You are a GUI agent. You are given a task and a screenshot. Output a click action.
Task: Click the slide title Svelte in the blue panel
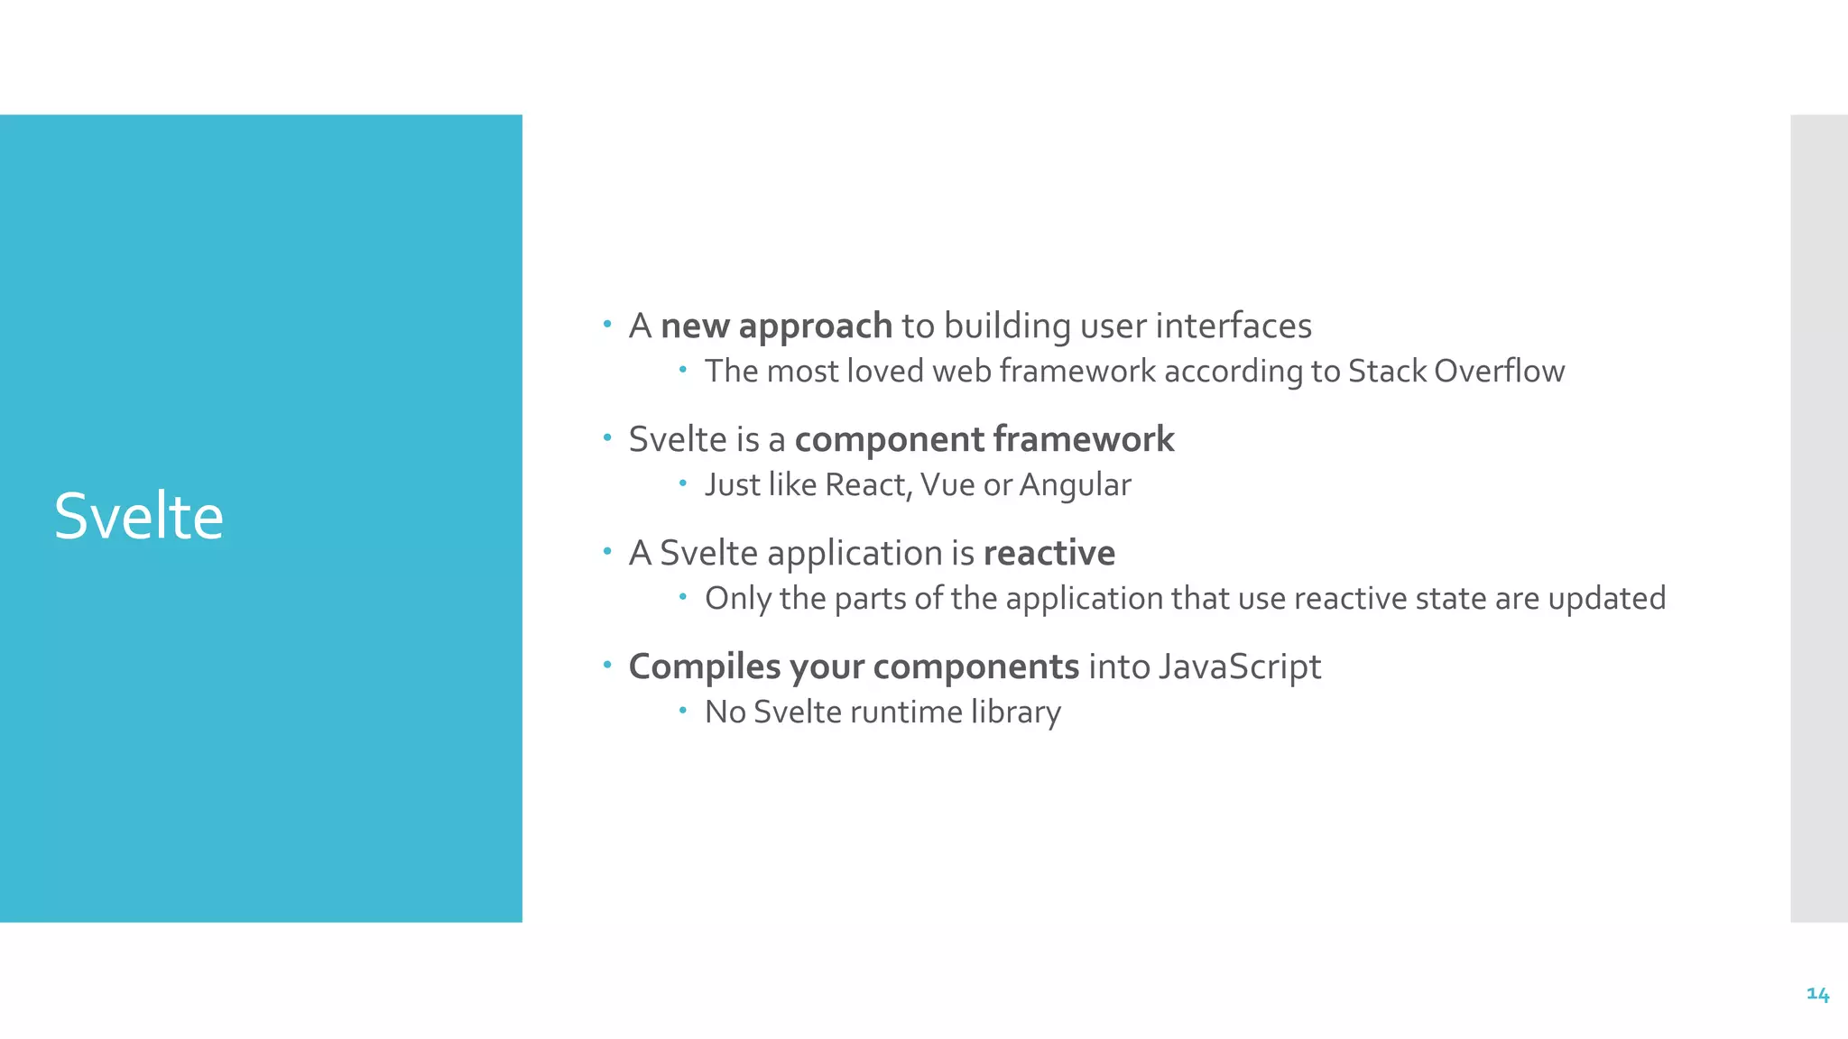click(x=138, y=517)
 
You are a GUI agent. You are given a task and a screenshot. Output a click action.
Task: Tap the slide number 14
click(x=1817, y=994)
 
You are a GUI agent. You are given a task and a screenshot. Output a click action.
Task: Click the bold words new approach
click(x=776, y=326)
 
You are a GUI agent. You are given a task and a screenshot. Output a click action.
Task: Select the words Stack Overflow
click(x=1455, y=371)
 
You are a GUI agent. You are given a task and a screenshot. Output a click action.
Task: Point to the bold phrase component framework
click(x=984, y=439)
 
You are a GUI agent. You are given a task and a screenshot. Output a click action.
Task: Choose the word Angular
click(x=1075, y=485)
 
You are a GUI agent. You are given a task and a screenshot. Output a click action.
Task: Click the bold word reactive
click(x=1049, y=553)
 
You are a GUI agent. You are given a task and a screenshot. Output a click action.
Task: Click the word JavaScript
click(x=1239, y=667)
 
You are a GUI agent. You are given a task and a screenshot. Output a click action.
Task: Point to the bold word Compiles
click(x=704, y=667)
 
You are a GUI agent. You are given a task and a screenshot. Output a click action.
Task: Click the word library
click(x=1016, y=712)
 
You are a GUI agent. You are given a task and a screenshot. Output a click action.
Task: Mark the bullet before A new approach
click(x=607, y=323)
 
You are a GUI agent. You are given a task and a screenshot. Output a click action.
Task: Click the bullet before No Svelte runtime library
click(x=683, y=711)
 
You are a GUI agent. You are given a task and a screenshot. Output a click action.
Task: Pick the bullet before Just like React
click(x=683, y=483)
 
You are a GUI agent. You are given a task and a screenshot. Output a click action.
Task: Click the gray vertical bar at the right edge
click(x=1818, y=518)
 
